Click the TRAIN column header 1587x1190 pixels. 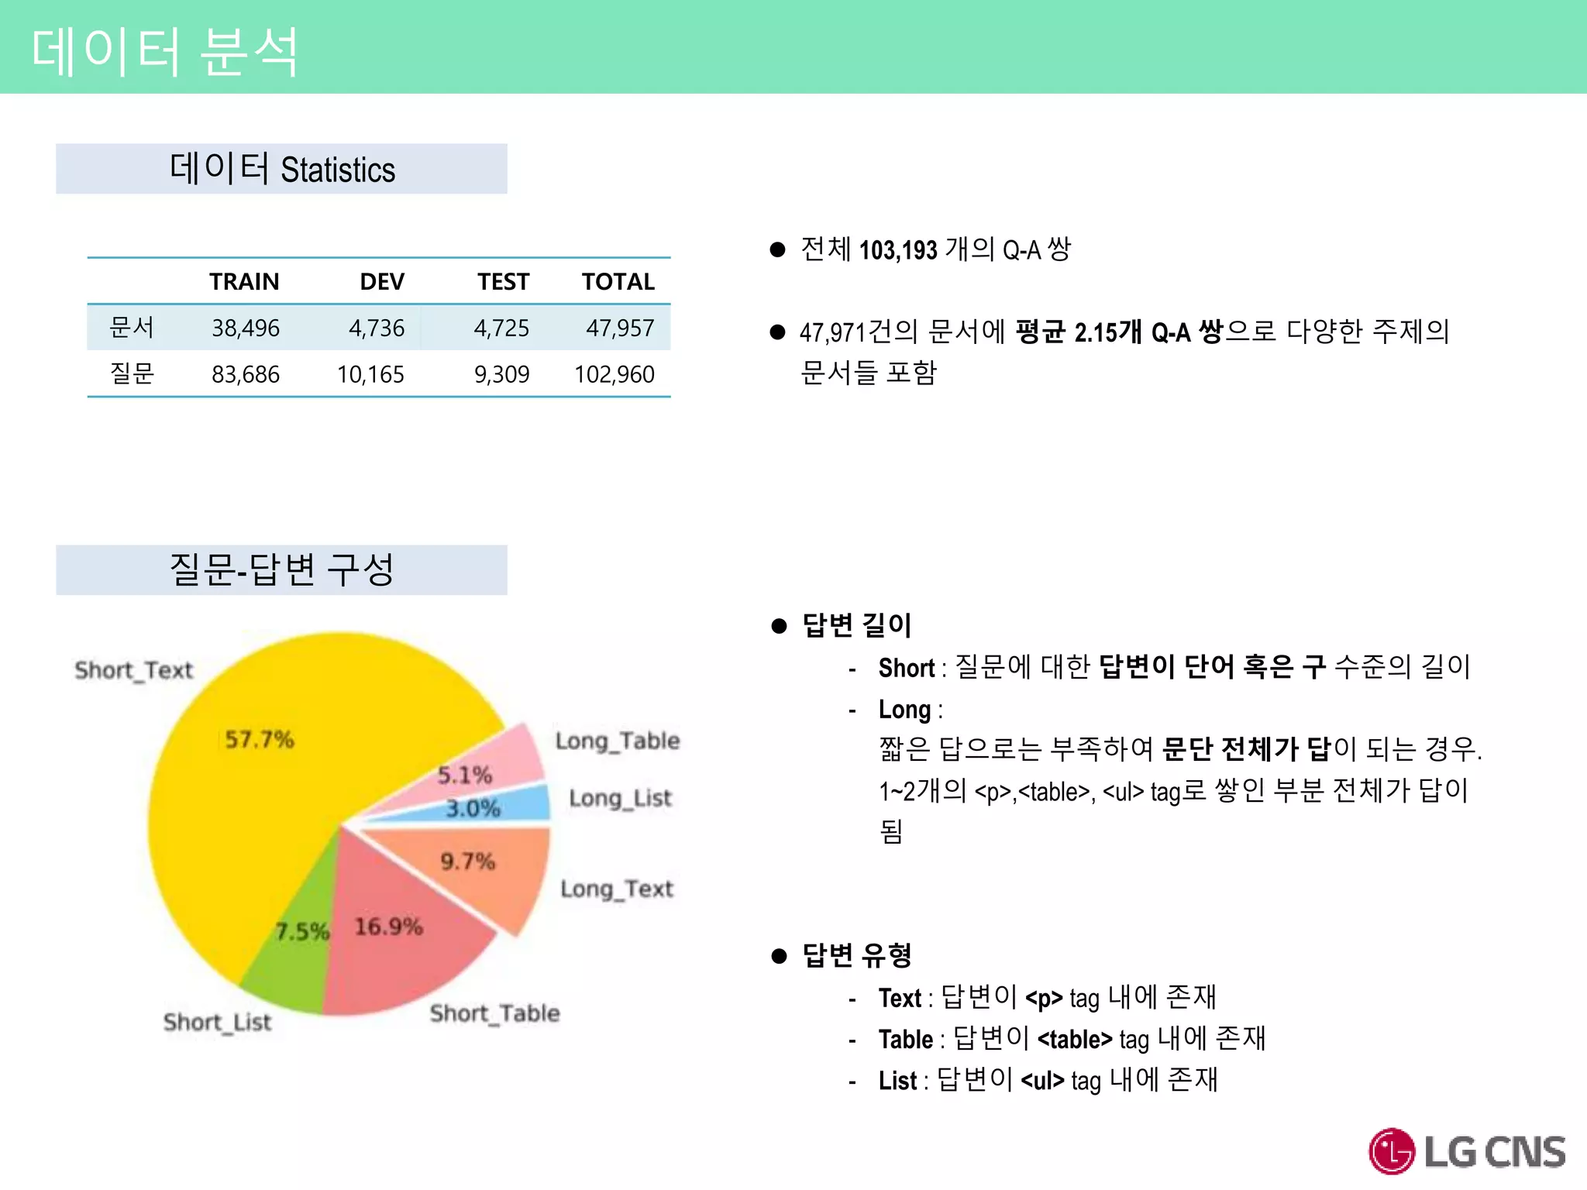(x=244, y=281)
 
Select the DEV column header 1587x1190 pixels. (x=381, y=281)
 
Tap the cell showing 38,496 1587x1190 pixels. (x=246, y=328)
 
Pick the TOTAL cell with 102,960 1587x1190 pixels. (x=614, y=374)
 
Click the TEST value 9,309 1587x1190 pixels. (x=501, y=374)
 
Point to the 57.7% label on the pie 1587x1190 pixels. (x=259, y=739)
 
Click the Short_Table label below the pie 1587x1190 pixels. (x=494, y=1013)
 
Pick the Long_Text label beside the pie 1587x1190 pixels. (x=617, y=889)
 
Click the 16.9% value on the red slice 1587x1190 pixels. (x=388, y=926)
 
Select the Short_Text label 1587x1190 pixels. (x=133, y=670)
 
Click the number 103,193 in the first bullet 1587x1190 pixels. (x=898, y=249)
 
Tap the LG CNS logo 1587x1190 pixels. (x=1466, y=1151)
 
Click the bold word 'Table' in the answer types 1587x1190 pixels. (x=905, y=1039)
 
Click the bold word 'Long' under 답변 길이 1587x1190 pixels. (x=904, y=709)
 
